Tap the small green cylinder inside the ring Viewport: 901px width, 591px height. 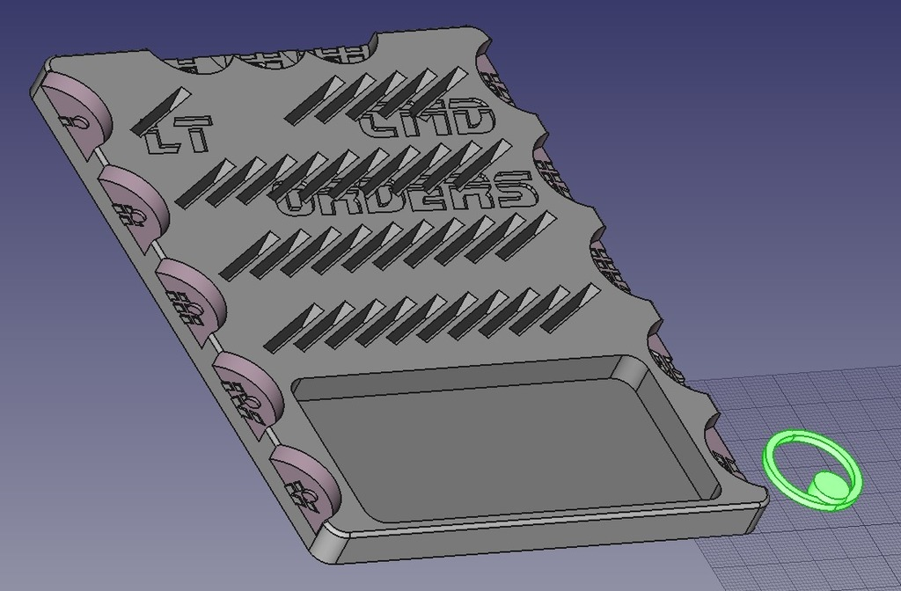(x=827, y=485)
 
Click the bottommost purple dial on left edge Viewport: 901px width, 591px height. (x=304, y=479)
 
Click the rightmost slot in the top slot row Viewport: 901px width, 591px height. (x=445, y=84)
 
